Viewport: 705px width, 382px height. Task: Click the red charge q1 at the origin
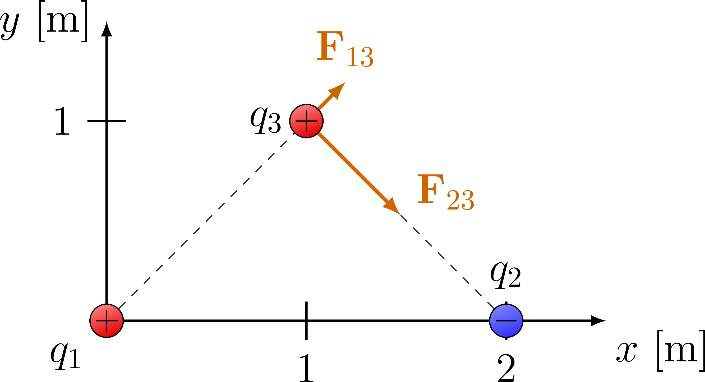107,321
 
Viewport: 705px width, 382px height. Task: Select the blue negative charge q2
506,321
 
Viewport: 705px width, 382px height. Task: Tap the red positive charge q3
306,121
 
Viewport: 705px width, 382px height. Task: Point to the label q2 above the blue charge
505,275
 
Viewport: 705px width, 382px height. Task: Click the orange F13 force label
344,49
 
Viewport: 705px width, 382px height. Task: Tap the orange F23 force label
445,192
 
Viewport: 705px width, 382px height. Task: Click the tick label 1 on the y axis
62,121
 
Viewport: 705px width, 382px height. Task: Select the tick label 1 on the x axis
306,368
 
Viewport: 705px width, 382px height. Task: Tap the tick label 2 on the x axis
506,368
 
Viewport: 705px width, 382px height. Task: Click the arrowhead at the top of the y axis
107,29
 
